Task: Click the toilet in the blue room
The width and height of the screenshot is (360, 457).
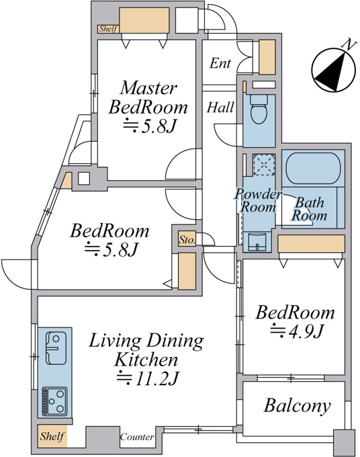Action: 259,109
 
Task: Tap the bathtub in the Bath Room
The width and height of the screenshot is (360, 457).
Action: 313,168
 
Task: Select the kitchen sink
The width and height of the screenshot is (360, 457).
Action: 56,348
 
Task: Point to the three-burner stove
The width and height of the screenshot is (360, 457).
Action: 55,401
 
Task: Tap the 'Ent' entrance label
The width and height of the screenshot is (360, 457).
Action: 220,63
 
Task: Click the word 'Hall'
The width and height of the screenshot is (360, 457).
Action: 220,108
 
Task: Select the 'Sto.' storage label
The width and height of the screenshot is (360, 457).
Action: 187,240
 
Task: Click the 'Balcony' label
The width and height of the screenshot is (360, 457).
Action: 298,405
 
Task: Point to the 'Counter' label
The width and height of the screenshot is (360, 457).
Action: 137,437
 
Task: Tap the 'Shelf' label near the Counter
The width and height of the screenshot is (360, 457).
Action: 52,436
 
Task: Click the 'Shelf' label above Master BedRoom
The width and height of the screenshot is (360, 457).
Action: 108,29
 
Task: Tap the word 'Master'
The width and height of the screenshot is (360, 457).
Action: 148,87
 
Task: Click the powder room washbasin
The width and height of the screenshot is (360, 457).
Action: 257,242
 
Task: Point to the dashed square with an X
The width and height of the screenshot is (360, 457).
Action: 264,165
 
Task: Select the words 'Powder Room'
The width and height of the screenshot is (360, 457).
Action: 259,200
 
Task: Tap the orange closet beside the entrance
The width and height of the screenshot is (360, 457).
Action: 267,57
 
